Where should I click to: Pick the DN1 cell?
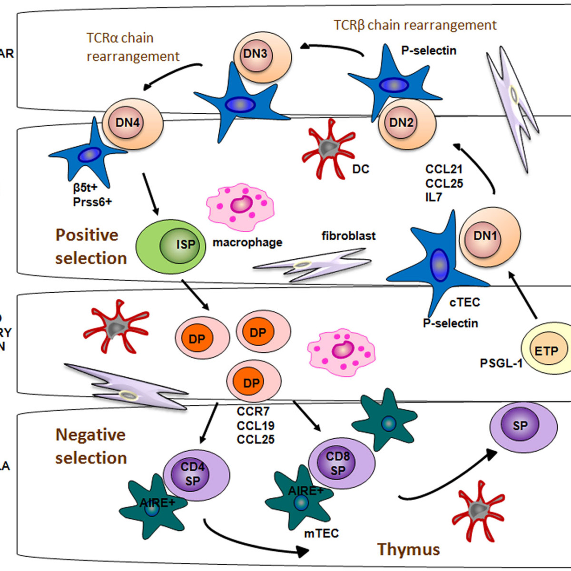tap(489, 236)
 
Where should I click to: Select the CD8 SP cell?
tap(341, 463)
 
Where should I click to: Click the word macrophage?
tap(247, 243)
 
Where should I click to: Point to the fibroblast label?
tap(348, 236)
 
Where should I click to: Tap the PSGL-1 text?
tap(501, 364)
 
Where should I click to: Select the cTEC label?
tap(464, 302)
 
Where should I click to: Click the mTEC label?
tap(321, 533)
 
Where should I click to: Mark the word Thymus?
tap(408, 549)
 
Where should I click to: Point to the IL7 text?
tap(433, 197)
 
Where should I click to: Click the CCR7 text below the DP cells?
tap(253, 412)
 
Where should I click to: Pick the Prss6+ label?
tap(92, 202)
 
